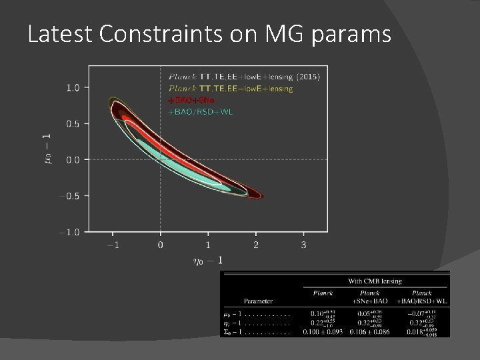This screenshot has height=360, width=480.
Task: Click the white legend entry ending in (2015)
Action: click(x=244, y=77)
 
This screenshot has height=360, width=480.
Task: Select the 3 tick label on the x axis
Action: click(x=304, y=245)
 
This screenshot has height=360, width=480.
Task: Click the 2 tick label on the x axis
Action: click(x=256, y=245)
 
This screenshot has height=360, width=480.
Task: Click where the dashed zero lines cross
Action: click(x=160, y=159)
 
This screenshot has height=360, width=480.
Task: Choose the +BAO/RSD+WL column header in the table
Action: click(x=422, y=299)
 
